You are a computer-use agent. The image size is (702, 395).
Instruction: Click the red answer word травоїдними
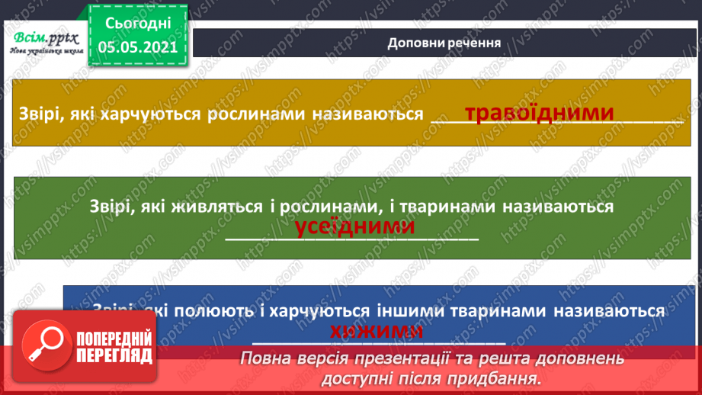pyautogui.click(x=539, y=114)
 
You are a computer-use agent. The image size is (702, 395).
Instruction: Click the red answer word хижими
pyautogui.click(x=377, y=331)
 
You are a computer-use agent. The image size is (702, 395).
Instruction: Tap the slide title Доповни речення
pyautogui.click(x=444, y=43)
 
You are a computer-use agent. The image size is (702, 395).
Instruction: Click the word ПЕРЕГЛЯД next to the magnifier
pyautogui.click(x=114, y=355)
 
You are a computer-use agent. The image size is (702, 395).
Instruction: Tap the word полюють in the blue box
pyautogui.click(x=204, y=311)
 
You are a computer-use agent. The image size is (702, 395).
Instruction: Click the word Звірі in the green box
pyautogui.click(x=111, y=207)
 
